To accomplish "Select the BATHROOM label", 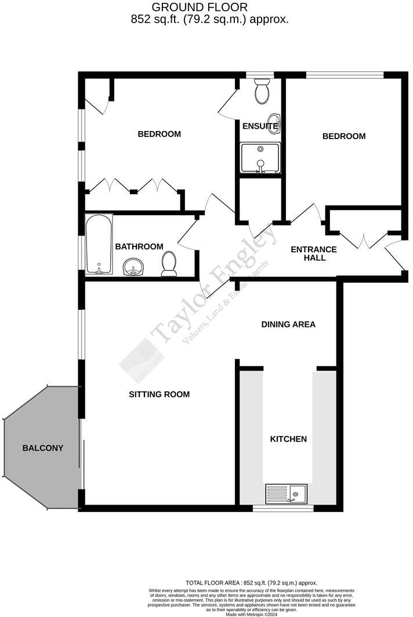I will (139, 247).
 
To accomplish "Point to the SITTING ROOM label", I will (159, 394).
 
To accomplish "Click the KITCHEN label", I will (288, 439).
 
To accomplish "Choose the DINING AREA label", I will (288, 324).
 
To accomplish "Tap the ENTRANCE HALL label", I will (313, 253).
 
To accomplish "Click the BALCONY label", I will (43, 448).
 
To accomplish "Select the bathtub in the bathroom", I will (99, 245).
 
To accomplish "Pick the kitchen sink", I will (288, 494).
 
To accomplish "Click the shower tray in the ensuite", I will (260, 158).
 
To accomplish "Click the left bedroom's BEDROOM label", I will (159, 134).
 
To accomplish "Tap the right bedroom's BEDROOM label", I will (344, 136).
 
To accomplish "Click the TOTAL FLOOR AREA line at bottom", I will (251, 583).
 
